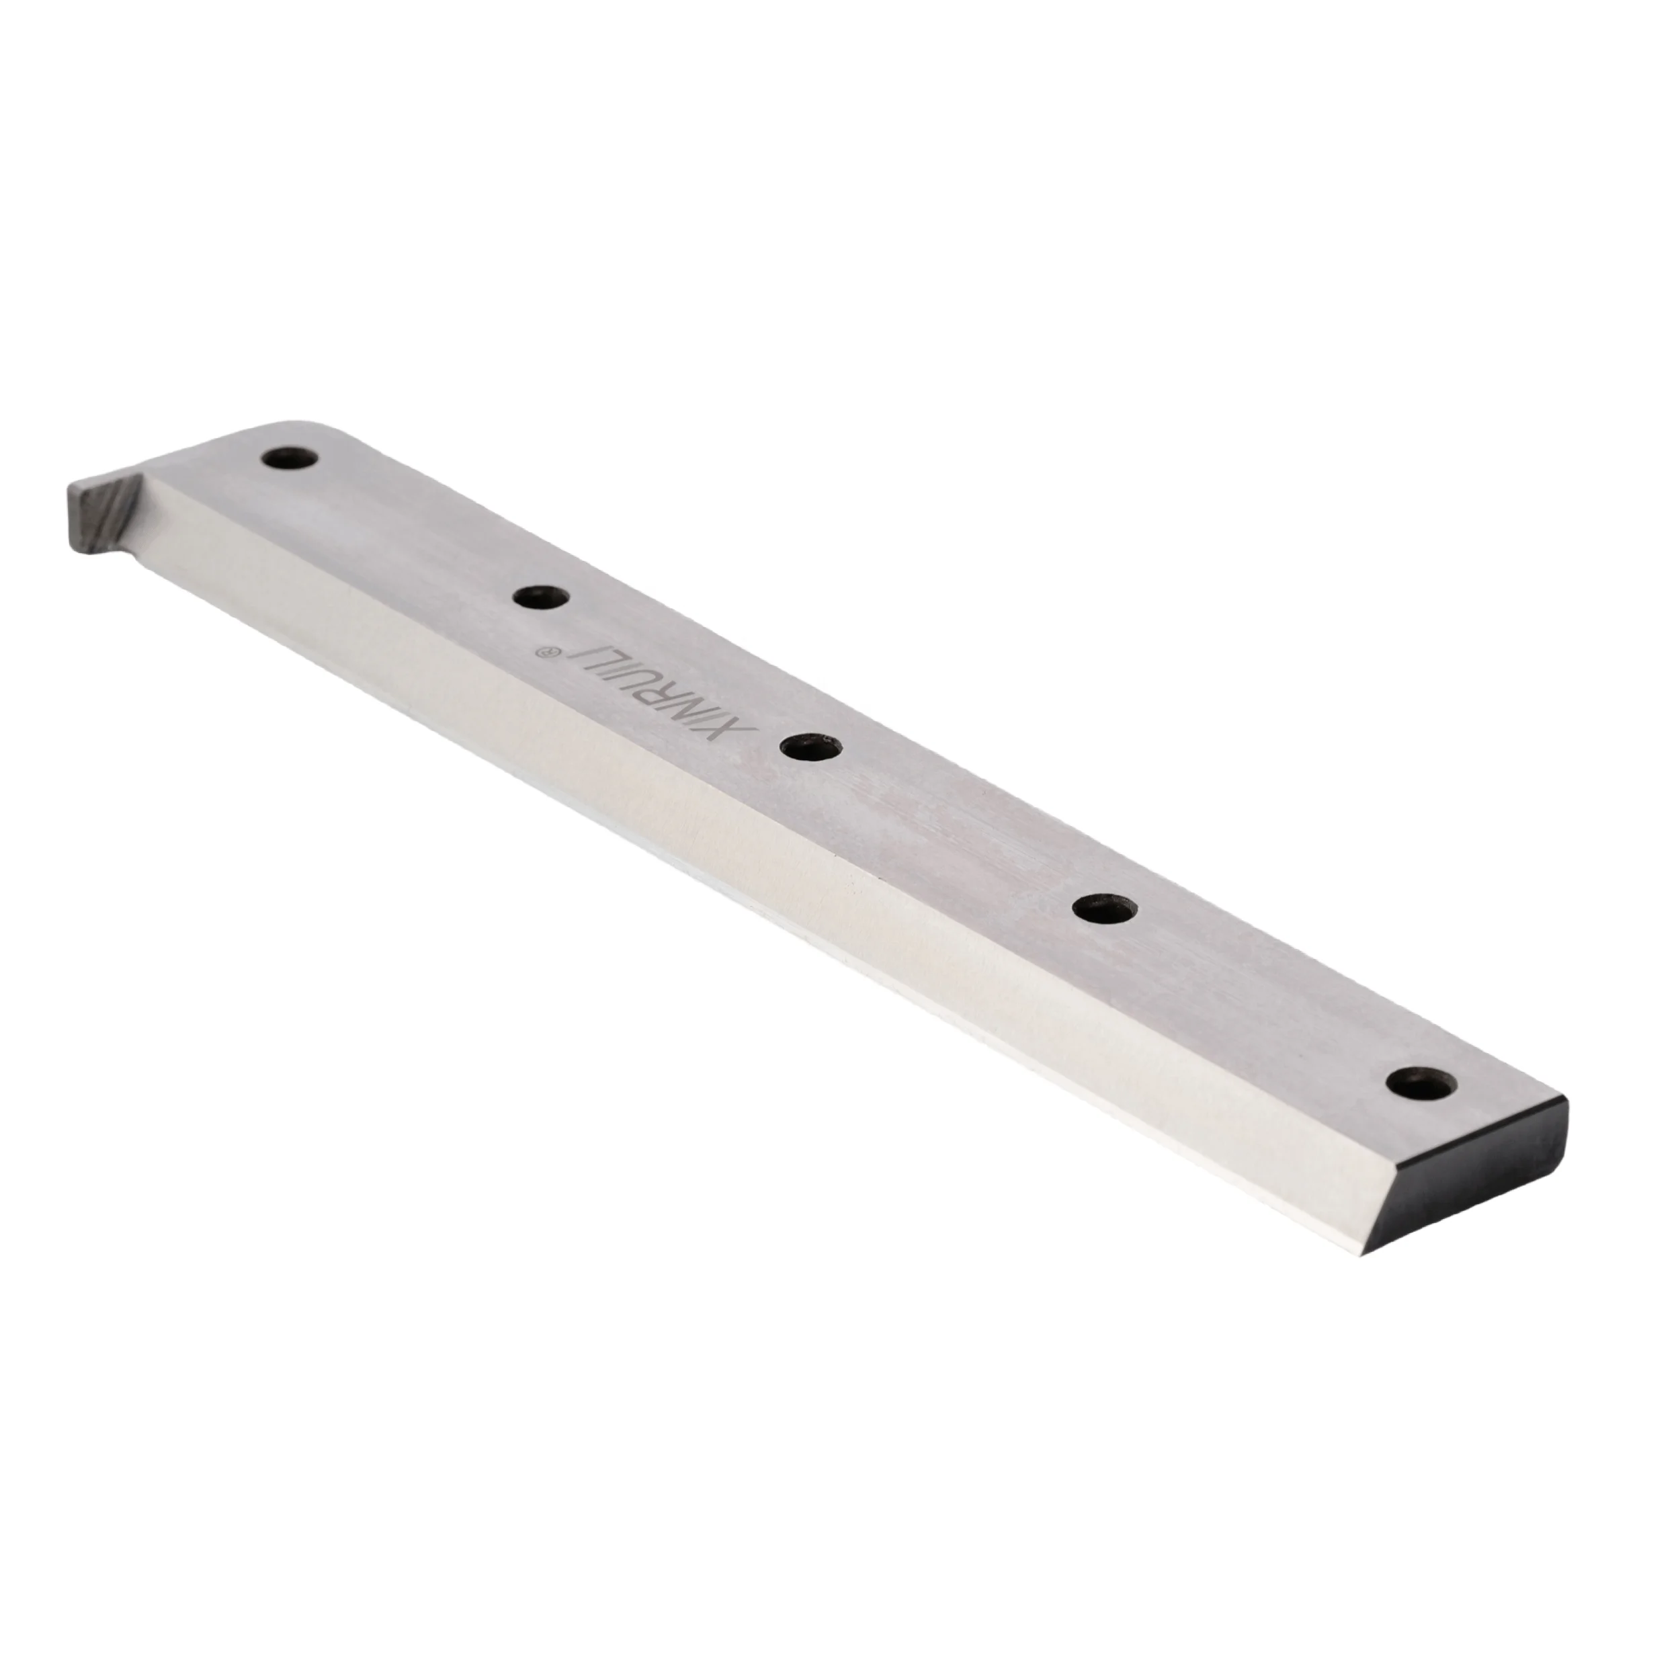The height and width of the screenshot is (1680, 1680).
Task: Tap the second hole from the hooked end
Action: (541, 598)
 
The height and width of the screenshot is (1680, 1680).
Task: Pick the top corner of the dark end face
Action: (1565, 1099)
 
